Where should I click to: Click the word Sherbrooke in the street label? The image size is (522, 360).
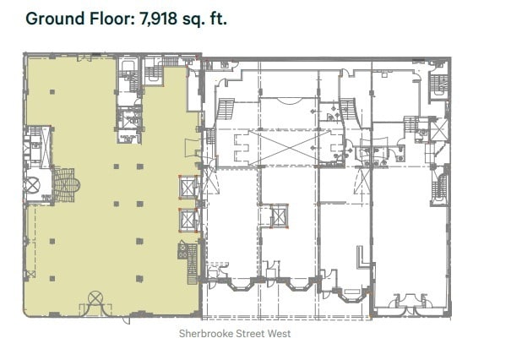pyautogui.click(x=204, y=334)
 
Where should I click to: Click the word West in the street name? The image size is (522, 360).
pyautogui.click(x=277, y=334)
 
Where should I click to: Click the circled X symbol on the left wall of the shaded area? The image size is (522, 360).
pyautogui.click(x=34, y=184)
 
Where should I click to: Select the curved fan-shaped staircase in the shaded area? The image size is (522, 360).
pyautogui.click(x=64, y=182)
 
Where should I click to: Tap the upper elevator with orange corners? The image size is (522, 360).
pyautogui.click(x=187, y=188)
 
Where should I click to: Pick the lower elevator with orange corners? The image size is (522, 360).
pyautogui.click(x=187, y=220)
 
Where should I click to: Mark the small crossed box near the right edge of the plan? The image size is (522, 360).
pyautogui.click(x=438, y=131)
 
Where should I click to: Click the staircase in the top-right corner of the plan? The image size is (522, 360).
pyautogui.click(x=438, y=83)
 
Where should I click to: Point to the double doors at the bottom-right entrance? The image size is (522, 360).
pyautogui.click(x=406, y=301)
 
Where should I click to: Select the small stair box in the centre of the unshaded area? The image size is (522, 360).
pyautogui.click(x=278, y=216)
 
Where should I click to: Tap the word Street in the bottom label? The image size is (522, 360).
pyautogui.click(x=245, y=334)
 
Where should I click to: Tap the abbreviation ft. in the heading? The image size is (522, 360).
pyautogui.click(x=219, y=18)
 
